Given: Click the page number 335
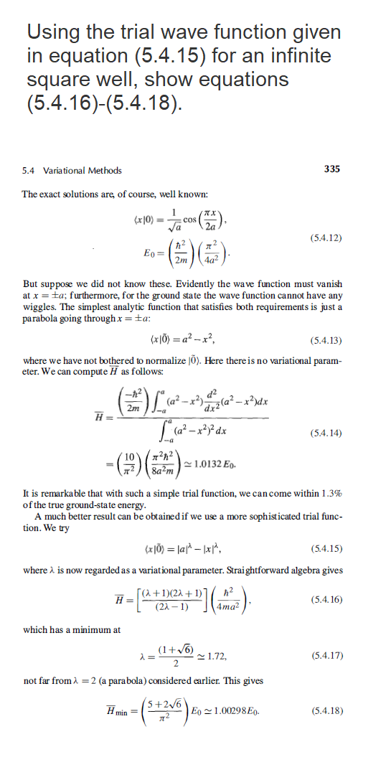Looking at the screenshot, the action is [x=332, y=169].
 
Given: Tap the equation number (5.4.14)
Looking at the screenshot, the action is [x=324, y=432].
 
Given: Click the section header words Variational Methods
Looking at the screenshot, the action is [x=83, y=170].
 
